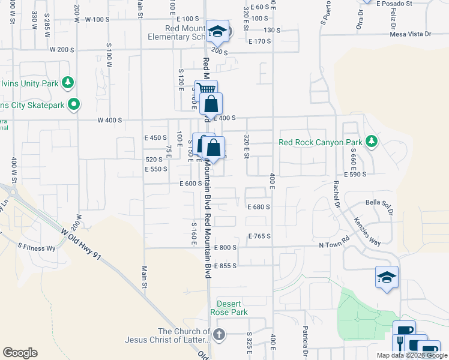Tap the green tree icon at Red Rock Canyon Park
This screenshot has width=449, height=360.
[372, 142]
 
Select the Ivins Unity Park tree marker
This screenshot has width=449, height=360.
[68, 83]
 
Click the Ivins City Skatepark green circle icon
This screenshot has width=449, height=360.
[74, 105]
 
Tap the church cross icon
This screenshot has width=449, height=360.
[220, 334]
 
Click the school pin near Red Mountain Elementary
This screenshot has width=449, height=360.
[218, 32]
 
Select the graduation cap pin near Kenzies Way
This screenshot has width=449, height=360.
[387, 277]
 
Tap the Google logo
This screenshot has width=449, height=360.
[20, 353]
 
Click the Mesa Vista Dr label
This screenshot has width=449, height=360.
[411, 34]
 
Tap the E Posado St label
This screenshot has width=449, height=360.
[394, 3]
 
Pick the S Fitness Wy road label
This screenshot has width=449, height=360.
[36, 247]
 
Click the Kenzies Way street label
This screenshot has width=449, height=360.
[367, 231]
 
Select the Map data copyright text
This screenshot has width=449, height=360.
[411, 355]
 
